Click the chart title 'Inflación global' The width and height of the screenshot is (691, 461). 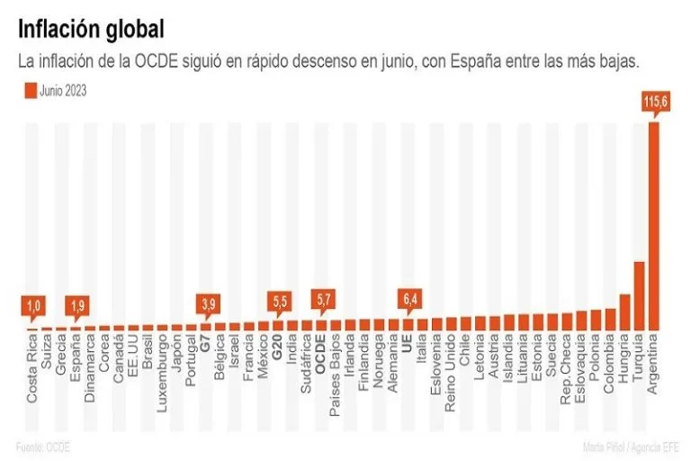[x=91, y=29]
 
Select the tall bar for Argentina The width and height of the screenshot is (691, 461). [x=653, y=225]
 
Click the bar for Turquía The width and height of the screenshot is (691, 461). [x=639, y=295]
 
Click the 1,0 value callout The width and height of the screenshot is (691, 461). [x=33, y=307]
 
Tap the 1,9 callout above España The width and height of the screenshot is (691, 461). [x=77, y=307]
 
